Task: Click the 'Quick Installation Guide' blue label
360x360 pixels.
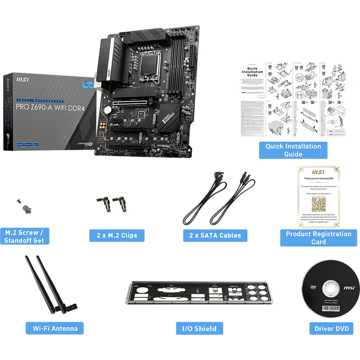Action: click(293, 150)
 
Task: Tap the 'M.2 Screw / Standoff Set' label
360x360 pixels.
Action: click(24, 236)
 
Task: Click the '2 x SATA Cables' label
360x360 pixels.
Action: click(216, 235)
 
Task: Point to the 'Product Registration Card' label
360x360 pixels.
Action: click(319, 238)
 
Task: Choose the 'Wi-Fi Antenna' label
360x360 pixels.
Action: click(55, 328)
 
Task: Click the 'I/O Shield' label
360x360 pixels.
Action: click(199, 328)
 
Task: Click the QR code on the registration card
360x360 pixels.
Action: click(319, 205)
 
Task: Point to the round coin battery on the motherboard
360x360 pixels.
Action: click(108, 109)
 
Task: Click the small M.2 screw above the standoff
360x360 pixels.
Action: click(19, 201)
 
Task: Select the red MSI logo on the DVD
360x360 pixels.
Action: click(350, 287)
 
